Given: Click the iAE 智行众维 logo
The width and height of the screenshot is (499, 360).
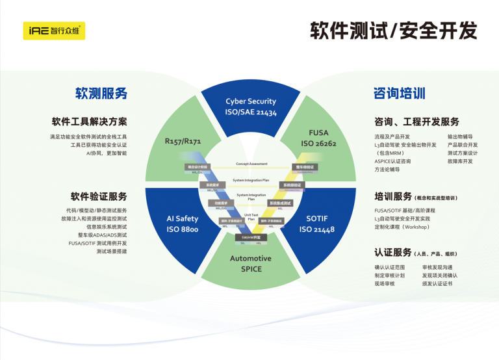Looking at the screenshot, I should [x=53, y=30].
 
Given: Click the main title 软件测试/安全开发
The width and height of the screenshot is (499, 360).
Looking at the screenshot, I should [x=393, y=30].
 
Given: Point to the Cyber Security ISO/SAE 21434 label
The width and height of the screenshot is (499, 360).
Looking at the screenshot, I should [x=251, y=107].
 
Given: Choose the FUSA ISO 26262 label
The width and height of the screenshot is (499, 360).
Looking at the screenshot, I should [x=318, y=138].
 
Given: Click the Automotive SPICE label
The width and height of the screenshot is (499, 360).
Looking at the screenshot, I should [x=250, y=263].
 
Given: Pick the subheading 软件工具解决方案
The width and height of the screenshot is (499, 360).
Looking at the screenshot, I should [x=90, y=122].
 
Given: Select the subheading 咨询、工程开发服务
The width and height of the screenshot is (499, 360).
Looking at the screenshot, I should [x=416, y=122].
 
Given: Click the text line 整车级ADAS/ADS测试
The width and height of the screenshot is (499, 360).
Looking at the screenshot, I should [x=102, y=235].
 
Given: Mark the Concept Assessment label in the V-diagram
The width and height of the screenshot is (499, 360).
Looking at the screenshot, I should [x=251, y=164].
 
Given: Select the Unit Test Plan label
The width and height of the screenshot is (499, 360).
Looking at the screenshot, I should [x=251, y=216].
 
